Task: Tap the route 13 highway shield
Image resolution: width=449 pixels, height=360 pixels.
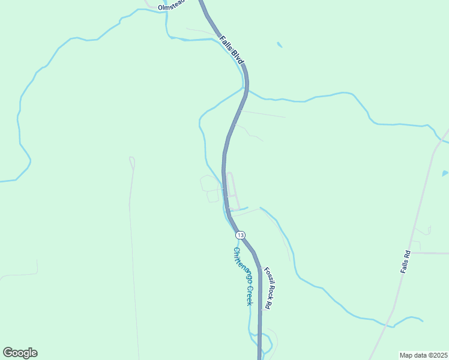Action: [x=240, y=235]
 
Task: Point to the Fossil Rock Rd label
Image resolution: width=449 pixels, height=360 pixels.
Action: [x=268, y=287]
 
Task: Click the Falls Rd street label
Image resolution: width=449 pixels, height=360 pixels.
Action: [x=406, y=262]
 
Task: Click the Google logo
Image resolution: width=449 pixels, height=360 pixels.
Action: [x=20, y=353]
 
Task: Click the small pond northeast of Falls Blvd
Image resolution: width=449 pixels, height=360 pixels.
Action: [x=279, y=44]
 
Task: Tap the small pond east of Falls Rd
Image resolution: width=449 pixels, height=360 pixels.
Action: [x=445, y=173]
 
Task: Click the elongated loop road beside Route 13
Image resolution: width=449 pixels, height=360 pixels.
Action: [x=232, y=189]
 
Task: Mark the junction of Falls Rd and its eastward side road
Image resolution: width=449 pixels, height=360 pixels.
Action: [x=412, y=253]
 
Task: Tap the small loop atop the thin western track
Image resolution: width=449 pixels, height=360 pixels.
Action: [x=132, y=161]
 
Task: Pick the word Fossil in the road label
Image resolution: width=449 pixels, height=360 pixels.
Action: [x=265, y=278]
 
